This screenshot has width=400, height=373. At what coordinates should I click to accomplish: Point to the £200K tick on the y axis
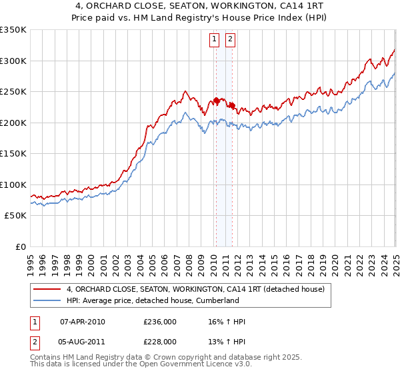point(15,123)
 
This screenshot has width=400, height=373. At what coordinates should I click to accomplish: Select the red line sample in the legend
point(47,289)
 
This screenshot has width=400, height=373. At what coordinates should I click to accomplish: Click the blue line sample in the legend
point(47,300)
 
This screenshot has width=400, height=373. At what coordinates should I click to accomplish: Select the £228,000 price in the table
point(160,342)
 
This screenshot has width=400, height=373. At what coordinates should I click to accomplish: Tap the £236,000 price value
point(160,322)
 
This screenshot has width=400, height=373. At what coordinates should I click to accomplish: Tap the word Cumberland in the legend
point(217,300)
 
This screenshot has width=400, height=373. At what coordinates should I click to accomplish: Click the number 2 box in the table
point(33,342)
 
